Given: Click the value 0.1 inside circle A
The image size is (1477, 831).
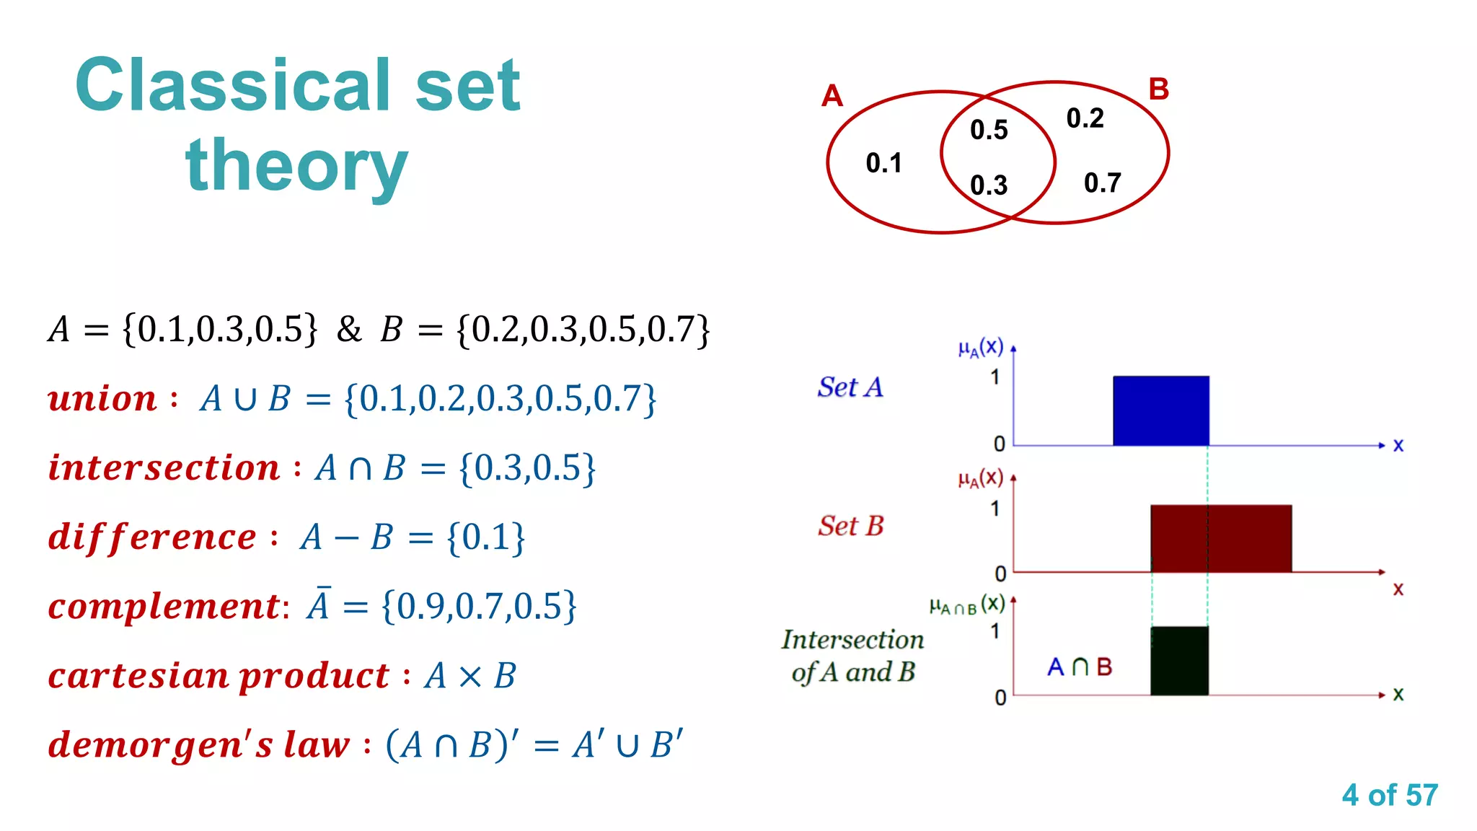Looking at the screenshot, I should click(x=883, y=163).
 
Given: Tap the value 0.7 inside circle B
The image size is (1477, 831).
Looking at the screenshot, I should click(x=1102, y=183).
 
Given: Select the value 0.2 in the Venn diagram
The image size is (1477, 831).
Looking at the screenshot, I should click(x=1085, y=118).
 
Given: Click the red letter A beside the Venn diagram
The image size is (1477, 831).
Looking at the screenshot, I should click(x=832, y=96).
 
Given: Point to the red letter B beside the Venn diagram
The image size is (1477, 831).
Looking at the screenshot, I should click(x=1158, y=89).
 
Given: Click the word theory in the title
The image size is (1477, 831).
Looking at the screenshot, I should click(x=296, y=166).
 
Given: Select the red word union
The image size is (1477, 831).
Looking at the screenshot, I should click(x=102, y=398).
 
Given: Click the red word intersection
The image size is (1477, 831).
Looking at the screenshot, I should click(x=164, y=467).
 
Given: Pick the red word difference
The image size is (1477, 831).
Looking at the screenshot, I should click(x=152, y=537).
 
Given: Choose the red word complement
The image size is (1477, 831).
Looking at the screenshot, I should click(x=164, y=606).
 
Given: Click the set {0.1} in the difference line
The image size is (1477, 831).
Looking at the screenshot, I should click(x=486, y=537).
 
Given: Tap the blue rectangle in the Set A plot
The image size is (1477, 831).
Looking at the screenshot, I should click(x=1160, y=410).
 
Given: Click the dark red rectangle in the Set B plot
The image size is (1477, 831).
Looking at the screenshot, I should click(x=1220, y=538).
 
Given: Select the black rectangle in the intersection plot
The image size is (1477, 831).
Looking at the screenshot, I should click(x=1179, y=661).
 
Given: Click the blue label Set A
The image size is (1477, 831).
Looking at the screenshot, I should click(x=850, y=387).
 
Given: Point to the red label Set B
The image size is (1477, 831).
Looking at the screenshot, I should click(x=850, y=526).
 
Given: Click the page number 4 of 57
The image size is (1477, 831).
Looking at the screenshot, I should click(x=1389, y=795).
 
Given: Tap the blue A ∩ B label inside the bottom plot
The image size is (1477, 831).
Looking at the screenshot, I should click(x=1079, y=667).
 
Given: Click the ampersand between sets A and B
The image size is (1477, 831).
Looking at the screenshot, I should click(x=349, y=330).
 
